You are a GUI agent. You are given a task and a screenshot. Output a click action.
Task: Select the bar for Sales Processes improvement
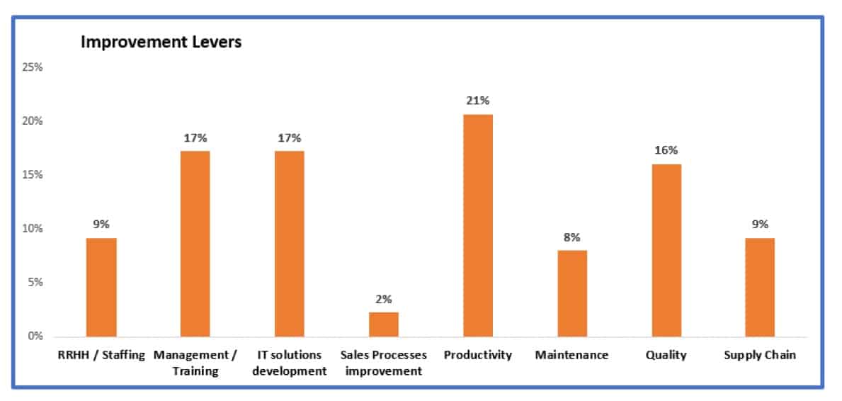pos(384,324)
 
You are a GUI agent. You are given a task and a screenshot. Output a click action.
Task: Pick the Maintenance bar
pos(572,293)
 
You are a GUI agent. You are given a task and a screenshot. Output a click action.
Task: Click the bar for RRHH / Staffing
pos(101,287)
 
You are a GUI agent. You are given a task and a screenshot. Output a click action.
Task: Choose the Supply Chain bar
pos(760,287)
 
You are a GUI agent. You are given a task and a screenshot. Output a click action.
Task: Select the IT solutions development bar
pos(290,244)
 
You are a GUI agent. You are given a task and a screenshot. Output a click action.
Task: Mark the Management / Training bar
pos(195,244)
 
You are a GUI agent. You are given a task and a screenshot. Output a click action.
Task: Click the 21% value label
pos(478,101)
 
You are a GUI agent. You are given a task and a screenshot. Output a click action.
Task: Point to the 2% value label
pos(384,299)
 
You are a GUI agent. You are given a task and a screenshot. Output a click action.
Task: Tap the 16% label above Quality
pos(666,150)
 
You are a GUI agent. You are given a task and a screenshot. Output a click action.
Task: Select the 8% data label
pos(572,237)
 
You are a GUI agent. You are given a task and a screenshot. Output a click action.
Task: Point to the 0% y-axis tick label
pos(35,336)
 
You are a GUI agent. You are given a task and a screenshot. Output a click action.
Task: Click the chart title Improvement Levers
pos(161,43)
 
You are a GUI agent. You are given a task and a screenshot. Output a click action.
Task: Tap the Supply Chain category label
pos(760,355)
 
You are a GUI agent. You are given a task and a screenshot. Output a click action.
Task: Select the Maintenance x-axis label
pos(572,355)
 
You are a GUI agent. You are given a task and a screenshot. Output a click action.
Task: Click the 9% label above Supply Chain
pos(760,225)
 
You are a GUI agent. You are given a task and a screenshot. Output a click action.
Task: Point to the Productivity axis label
pos(478,355)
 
